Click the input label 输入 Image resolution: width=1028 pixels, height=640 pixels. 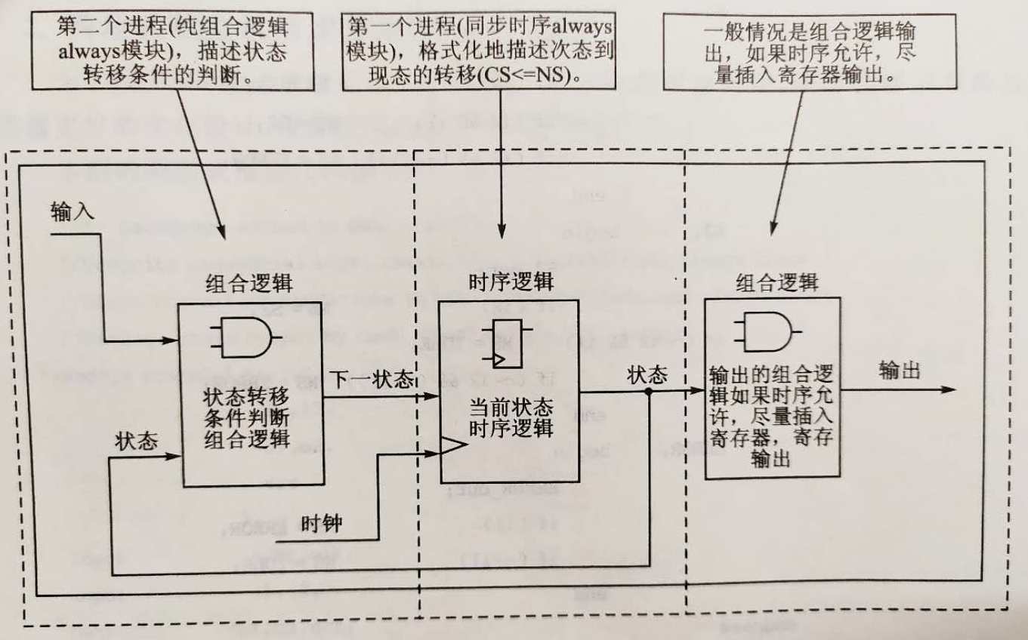coord(73,211)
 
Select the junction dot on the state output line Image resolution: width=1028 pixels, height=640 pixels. coord(648,392)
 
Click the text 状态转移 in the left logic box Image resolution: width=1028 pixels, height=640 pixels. coord(247,398)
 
